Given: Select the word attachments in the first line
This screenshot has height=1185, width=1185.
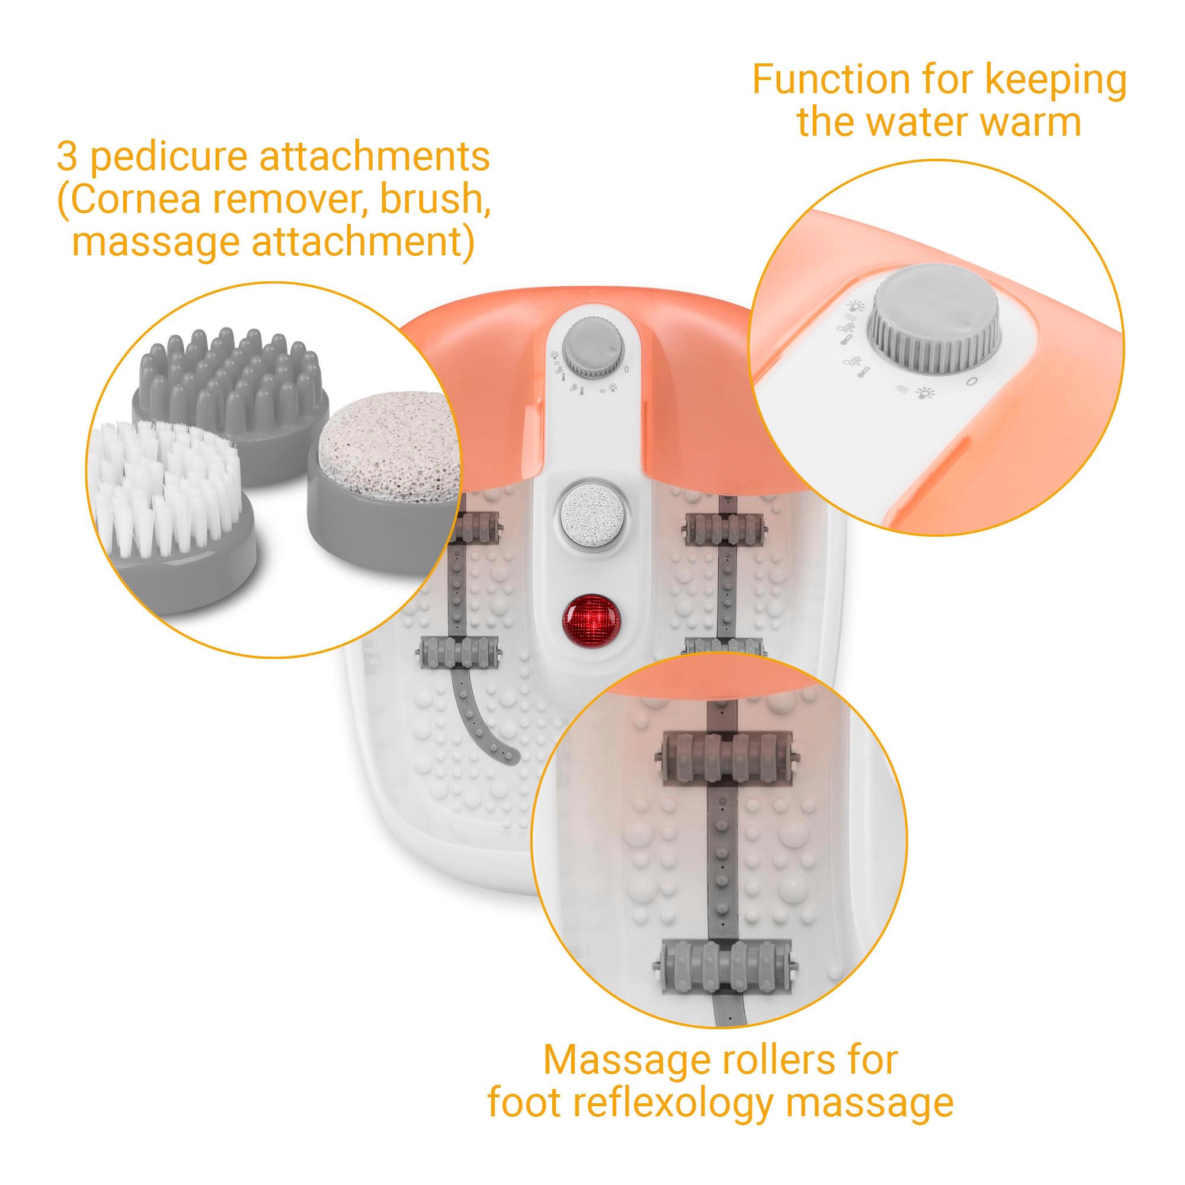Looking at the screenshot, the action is click(x=374, y=157).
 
